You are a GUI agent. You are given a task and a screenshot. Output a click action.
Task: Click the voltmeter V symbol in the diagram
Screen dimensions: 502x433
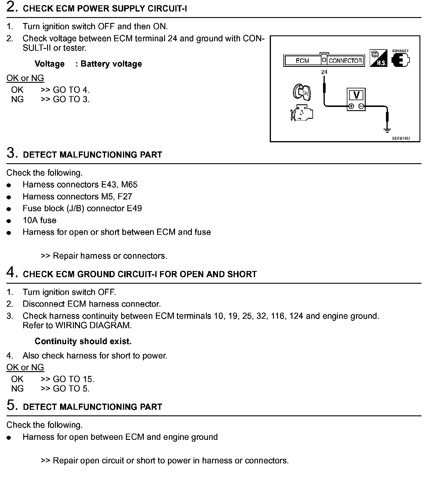pos(356,95)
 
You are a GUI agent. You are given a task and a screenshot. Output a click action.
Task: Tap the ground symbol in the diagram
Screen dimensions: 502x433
pos(387,130)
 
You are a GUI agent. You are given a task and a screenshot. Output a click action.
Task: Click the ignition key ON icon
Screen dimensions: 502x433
pos(302,92)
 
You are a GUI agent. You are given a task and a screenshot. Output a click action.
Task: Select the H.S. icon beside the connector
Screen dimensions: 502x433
pos(378,58)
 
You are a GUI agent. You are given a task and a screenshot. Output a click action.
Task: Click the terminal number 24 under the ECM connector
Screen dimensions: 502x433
pos(324,72)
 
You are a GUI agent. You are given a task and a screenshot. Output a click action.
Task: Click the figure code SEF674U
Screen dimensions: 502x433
pos(401,138)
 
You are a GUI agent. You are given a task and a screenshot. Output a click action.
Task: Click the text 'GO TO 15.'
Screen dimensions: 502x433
pos(74,379)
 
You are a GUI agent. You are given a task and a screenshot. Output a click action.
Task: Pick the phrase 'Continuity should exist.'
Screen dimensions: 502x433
pos(83,341)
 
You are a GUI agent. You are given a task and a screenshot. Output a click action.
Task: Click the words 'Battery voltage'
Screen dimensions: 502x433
pos(111,64)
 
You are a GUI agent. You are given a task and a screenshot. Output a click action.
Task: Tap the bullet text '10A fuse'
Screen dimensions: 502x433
pos(39,220)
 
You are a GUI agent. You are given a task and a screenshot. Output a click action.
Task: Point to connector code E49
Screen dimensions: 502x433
pos(134,209)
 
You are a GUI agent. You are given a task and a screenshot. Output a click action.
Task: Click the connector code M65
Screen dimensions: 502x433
pos(129,185)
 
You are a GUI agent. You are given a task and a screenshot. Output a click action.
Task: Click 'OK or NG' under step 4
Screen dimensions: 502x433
pos(25,367)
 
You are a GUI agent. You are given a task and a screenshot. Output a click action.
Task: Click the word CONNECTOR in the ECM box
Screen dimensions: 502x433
pos(345,61)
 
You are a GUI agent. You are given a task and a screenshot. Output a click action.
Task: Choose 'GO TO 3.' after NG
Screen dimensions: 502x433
pos(71,99)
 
